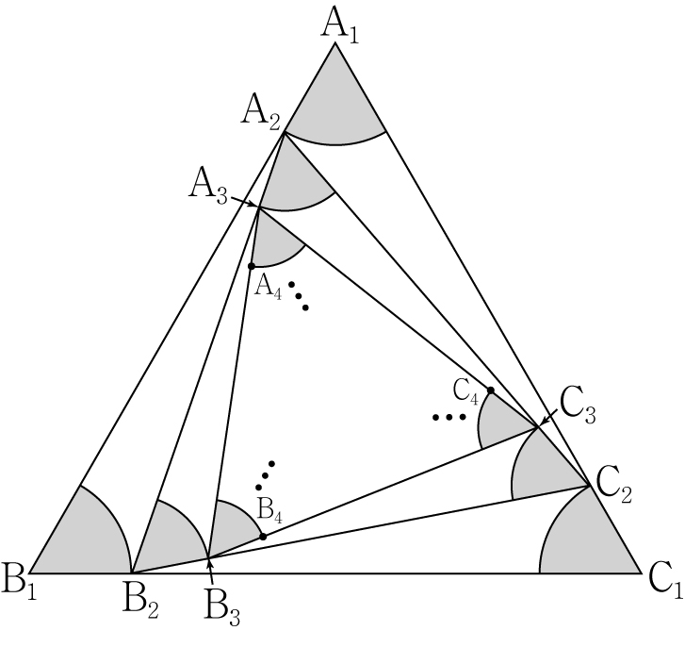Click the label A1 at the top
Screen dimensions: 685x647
click(340, 25)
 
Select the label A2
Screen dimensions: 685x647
click(261, 114)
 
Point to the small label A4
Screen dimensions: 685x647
click(268, 288)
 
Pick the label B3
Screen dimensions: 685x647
click(222, 609)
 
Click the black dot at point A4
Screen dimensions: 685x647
click(252, 266)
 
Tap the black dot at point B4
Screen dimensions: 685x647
click(263, 537)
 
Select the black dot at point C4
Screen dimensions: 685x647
click(491, 390)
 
